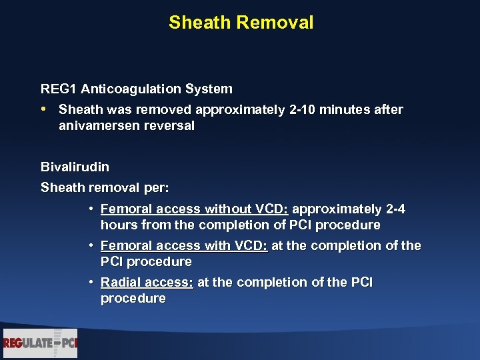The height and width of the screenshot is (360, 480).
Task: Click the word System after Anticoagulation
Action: point(210,89)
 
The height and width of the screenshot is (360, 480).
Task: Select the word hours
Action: point(118,225)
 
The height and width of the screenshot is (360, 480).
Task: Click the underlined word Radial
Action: point(120,283)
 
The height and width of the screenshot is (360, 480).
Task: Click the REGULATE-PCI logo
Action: point(40,343)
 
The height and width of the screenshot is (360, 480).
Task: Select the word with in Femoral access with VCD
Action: point(217,246)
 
